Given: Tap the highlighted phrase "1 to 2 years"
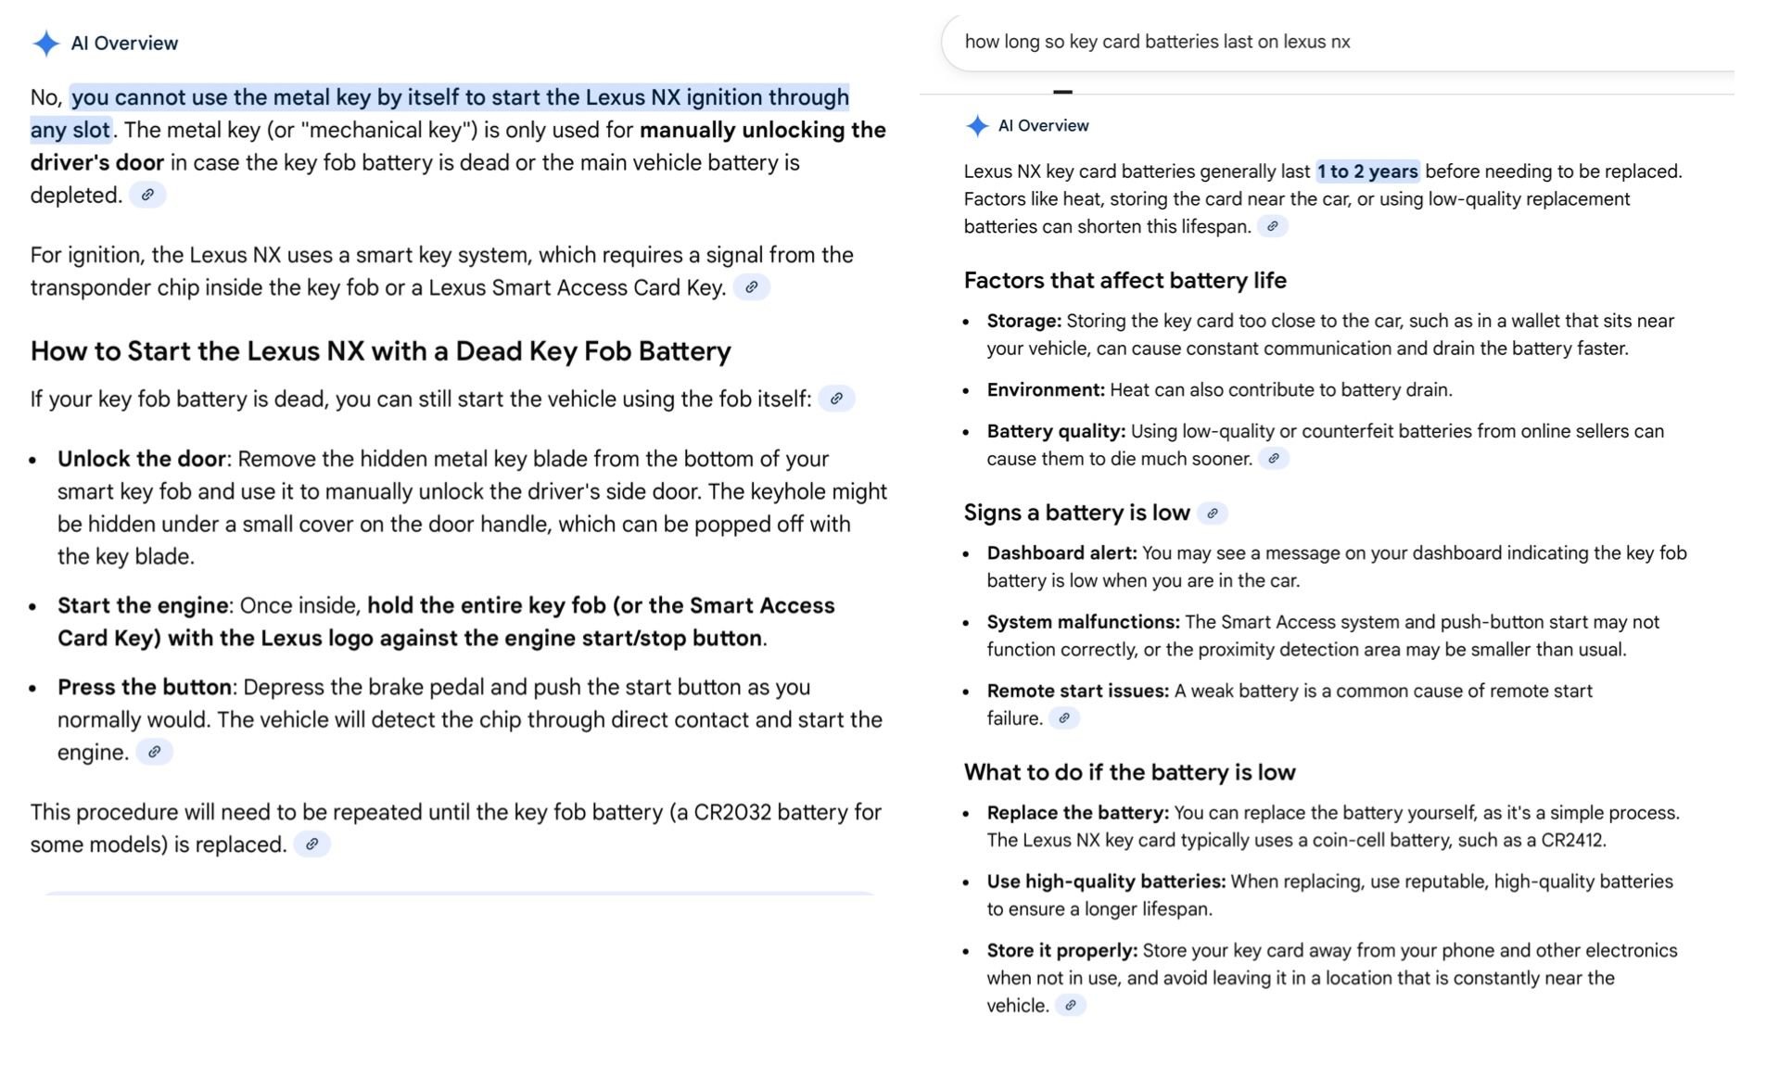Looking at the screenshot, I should click(x=1367, y=171).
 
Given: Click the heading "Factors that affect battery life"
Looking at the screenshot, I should click(x=1125, y=281).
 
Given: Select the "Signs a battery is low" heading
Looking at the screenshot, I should click(x=1076, y=513).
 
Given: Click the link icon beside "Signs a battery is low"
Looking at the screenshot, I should click(x=1213, y=514).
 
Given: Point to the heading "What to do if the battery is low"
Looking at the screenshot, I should click(x=1129, y=772).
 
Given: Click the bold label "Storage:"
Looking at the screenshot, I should click(x=1023, y=321).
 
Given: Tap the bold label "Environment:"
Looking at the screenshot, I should click(x=1045, y=390).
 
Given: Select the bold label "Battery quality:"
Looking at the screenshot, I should click(x=1055, y=431).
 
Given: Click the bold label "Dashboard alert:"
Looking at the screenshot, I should click(x=1061, y=553).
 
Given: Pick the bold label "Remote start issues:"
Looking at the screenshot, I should click(x=1077, y=691).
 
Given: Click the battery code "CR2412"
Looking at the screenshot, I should click(x=1572, y=841).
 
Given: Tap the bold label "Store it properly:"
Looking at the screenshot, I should click(x=1061, y=951).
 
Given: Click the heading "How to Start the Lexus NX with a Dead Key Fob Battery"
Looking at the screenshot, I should click(x=380, y=351).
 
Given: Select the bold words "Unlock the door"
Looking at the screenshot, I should click(x=141, y=459).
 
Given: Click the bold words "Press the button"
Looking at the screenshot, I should click(x=144, y=687).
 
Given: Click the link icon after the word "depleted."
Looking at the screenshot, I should click(x=147, y=196).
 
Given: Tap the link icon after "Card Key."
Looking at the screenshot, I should click(x=752, y=287).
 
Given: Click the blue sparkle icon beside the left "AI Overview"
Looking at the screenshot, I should click(x=45, y=44).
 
